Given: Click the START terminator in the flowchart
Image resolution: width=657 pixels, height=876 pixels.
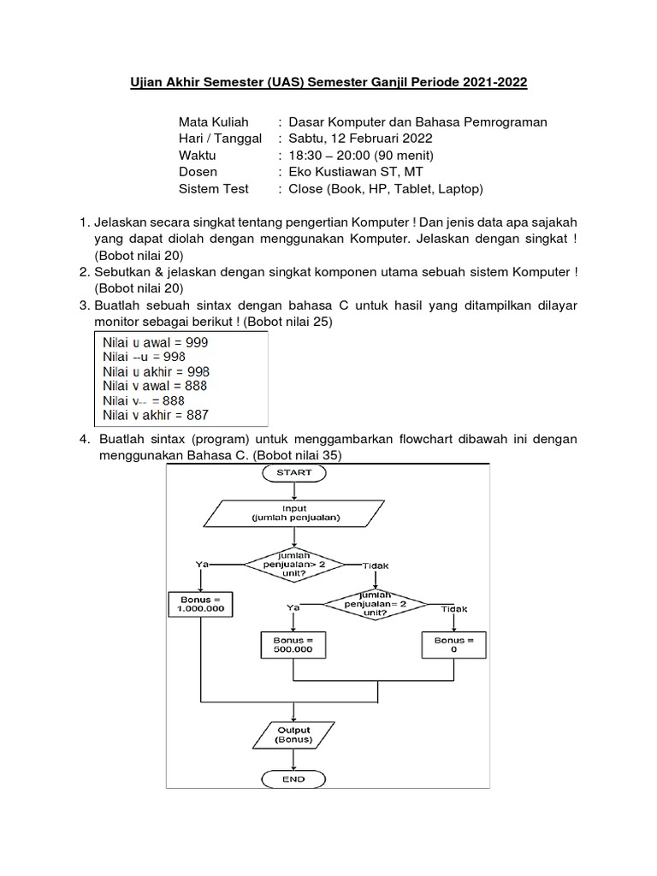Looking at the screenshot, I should (293, 471).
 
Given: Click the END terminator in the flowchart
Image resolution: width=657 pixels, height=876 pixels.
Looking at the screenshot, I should (293, 779).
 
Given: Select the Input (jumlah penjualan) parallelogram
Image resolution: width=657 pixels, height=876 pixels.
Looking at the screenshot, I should (293, 512).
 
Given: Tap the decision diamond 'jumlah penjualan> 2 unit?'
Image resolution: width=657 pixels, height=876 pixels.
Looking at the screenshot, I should (293, 565).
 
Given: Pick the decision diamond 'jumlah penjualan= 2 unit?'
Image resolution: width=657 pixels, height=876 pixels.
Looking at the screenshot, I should (376, 601).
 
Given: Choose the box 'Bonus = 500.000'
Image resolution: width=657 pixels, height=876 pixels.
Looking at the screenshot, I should (293, 644).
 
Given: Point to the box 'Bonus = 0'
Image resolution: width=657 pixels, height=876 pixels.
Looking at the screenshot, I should (453, 644).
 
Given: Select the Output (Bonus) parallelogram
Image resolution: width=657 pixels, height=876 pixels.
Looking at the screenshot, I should (293, 734).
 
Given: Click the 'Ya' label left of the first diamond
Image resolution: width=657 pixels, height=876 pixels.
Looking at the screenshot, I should (202, 565).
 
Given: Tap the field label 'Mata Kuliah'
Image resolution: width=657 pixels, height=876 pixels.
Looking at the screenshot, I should (213, 122).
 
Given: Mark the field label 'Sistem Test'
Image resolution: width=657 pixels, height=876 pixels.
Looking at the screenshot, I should (214, 188).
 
